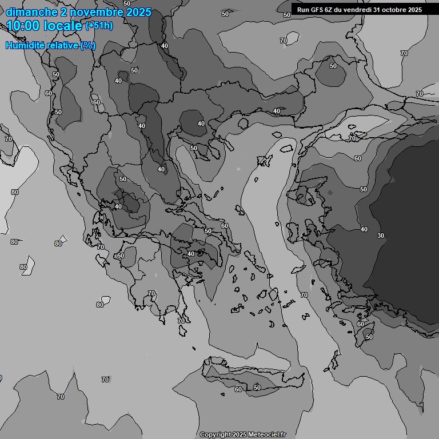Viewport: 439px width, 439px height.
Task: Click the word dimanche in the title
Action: (31, 12)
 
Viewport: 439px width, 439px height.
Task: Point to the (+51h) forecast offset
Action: (99, 26)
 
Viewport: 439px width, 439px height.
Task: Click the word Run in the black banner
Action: (304, 10)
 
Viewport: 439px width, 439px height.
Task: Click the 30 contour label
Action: (381, 236)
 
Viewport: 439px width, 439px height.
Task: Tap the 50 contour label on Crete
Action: (257, 388)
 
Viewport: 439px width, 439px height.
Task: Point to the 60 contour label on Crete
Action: (238, 389)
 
